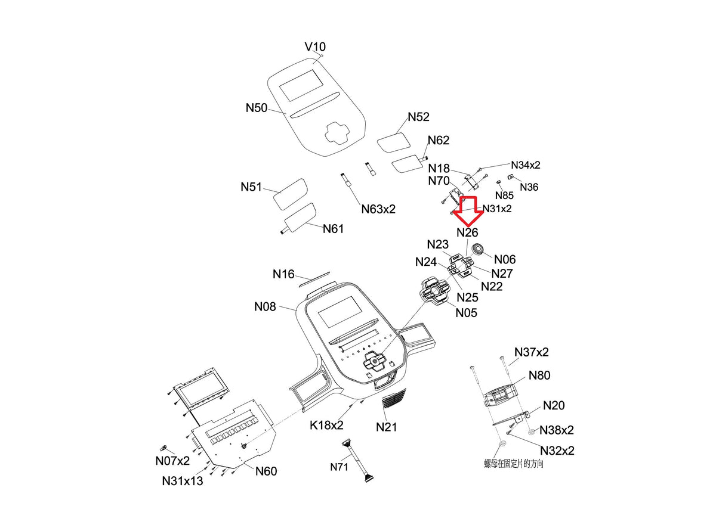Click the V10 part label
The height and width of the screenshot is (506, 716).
(x=315, y=46)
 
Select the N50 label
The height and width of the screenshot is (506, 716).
(x=257, y=108)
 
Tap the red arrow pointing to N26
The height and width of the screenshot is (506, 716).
(x=468, y=210)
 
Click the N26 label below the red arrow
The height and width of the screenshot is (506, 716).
(x=467, y=232)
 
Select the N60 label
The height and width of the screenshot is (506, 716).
(x=266, y=471)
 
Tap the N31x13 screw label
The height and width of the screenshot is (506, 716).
(x=182, y=480)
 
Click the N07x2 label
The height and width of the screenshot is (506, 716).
(x=172, y=461)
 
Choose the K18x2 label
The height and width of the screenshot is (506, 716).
(x=326, y=425)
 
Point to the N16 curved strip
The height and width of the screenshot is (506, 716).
(x=314, y=278)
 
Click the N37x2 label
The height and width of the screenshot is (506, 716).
(x=532, y=352)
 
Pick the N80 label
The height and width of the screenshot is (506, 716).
(x=539, y=375)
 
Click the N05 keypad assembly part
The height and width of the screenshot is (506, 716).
(x=435, y=291)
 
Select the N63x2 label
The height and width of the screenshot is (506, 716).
(x=378, y=209)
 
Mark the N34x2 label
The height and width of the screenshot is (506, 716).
(x=526, y=165)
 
